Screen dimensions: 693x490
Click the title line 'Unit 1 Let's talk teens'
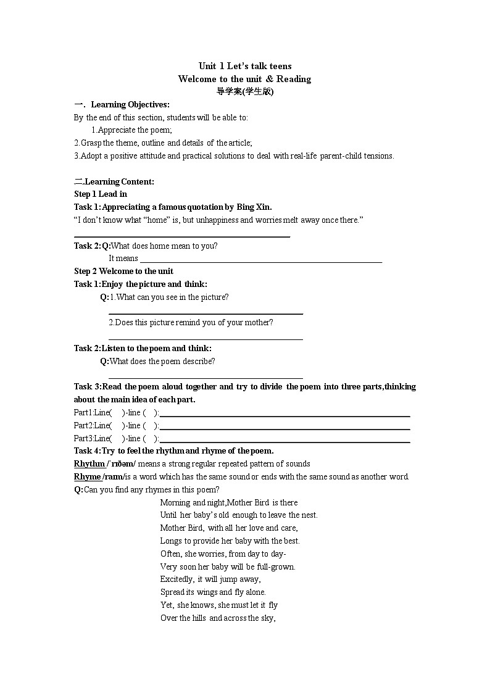coord(244,66)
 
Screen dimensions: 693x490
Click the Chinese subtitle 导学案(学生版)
coord(244,91)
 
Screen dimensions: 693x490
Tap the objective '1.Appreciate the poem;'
coord(131,130)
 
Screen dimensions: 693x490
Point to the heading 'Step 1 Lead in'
coord(101,194)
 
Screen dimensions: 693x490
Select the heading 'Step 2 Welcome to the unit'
coord(123,272)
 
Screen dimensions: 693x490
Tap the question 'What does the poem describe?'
coord(162,362)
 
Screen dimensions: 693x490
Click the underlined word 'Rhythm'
coord(89,464)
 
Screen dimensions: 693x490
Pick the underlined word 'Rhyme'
coord(87,477)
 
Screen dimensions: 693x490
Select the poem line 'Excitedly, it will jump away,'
coord(210,579)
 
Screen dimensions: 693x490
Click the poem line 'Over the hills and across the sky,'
coord(218,618)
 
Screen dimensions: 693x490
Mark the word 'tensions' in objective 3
coord(377,156)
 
